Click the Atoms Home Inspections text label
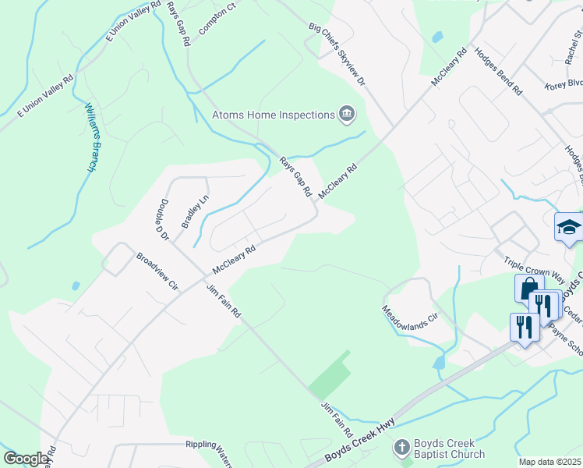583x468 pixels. tap(273, 115)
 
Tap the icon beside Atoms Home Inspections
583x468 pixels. tap(347, 115)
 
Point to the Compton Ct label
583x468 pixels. tap(217, 18)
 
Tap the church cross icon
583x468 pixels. tap(401, 448)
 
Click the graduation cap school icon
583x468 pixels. tap(569, 228)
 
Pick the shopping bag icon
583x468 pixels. tap(528, 288)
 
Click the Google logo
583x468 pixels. tap(26, 459)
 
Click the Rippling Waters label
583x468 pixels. tap(208, 445)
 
